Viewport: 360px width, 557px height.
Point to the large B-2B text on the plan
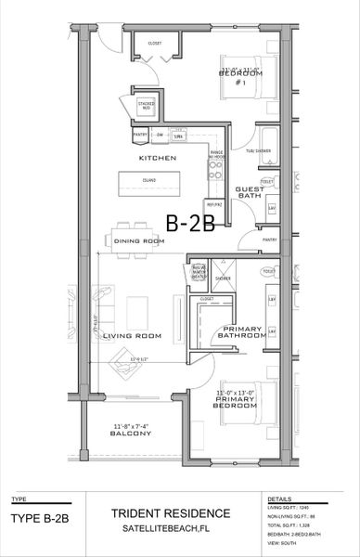click(190, 223)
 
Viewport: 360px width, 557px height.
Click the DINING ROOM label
click(139, 241)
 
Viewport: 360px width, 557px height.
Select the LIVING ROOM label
click(132, 335)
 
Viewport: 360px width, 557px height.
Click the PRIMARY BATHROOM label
click(242, 332)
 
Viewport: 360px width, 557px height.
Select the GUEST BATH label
click(250, 193)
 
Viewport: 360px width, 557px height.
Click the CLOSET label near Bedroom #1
click(154, 43)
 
